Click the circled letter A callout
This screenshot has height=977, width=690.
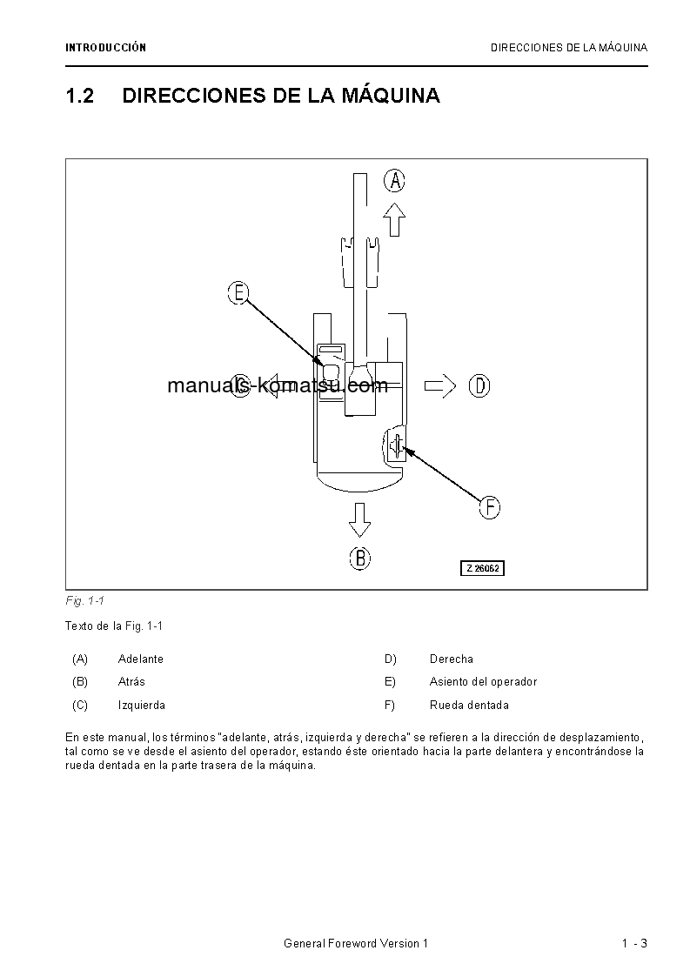(395, 181)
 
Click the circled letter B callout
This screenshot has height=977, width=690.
(360, 558)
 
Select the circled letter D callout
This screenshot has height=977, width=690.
(479, 385)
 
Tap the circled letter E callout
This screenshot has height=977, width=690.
(238, 293)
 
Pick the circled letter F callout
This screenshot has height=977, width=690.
(490, 507)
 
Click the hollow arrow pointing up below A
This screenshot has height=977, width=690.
(395, 219)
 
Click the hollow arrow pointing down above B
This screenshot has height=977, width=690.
(359, 519)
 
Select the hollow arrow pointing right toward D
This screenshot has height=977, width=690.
(440, 385)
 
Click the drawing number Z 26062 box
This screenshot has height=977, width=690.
(483, 568)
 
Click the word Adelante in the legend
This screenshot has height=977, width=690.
(140, 659)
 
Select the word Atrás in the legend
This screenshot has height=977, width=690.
(131, 682)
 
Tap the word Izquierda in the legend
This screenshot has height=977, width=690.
(141, 706)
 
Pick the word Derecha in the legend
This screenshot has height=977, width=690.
(452, 659)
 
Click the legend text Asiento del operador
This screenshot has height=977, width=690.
(483, 682)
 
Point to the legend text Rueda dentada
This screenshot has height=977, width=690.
(469, 706)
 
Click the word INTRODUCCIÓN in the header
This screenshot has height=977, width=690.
(105, 48)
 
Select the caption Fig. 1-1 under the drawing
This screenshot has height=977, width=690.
(84, 601)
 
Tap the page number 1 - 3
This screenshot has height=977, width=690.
(634, 944)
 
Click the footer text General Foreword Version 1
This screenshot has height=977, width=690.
(356, 944)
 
